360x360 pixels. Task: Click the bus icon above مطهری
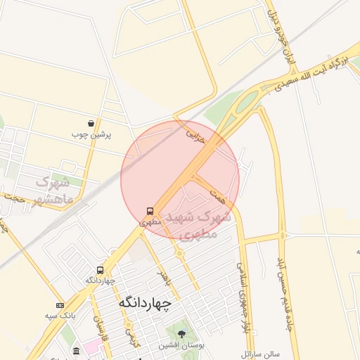[150, 210]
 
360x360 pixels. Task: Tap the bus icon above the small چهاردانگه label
[100, 269]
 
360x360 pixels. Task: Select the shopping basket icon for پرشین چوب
[91, 123]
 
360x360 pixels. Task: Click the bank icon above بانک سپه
[60, 305]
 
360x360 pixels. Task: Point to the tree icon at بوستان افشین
[182, 333]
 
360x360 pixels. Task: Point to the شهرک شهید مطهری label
[196, 224]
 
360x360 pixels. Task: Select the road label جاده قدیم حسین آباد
[284, 295]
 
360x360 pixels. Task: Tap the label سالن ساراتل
[260, 352]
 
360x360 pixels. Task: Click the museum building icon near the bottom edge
[76, 351]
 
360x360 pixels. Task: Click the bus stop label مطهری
[150, 221]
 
